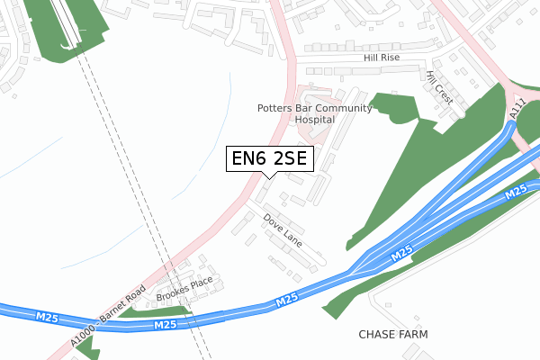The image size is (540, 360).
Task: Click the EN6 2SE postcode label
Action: tap(269, 159)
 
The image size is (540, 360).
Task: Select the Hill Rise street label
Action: tap(382, 57)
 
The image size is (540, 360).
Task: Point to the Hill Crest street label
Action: tap(439, 88)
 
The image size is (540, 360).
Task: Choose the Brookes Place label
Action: tap(183, 289)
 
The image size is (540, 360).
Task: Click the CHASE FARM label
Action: tap(393, 334)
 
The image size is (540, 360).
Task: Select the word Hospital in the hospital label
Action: tap(315, 119)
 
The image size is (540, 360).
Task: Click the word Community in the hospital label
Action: tap(345, 108)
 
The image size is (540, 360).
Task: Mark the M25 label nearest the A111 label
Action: tap(515, 193)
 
